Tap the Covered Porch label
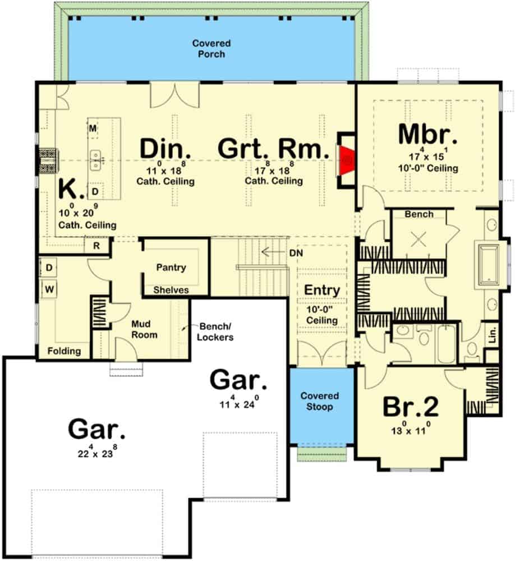click(x=211, y=49)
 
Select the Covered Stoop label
click(x=319, y=401)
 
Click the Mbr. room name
click(x=427, y=134)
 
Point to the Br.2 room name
click(x=411, y=407)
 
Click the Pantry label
click(x=171, y=268)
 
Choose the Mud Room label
click(x=144, y=329)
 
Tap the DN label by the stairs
click(x=296, y=253)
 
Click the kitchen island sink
click(x=95, y=160)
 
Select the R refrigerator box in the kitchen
click(x=96, y=246)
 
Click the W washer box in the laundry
click(x=49, y=289)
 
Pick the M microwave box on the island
click(x=93, y=128)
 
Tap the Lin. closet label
click(x=493, y=335)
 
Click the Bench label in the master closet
click(x=419, y=214)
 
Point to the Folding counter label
click(x=64, y=351)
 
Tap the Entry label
click(x=322, y=290)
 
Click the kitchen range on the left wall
click(x=47, y=160)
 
